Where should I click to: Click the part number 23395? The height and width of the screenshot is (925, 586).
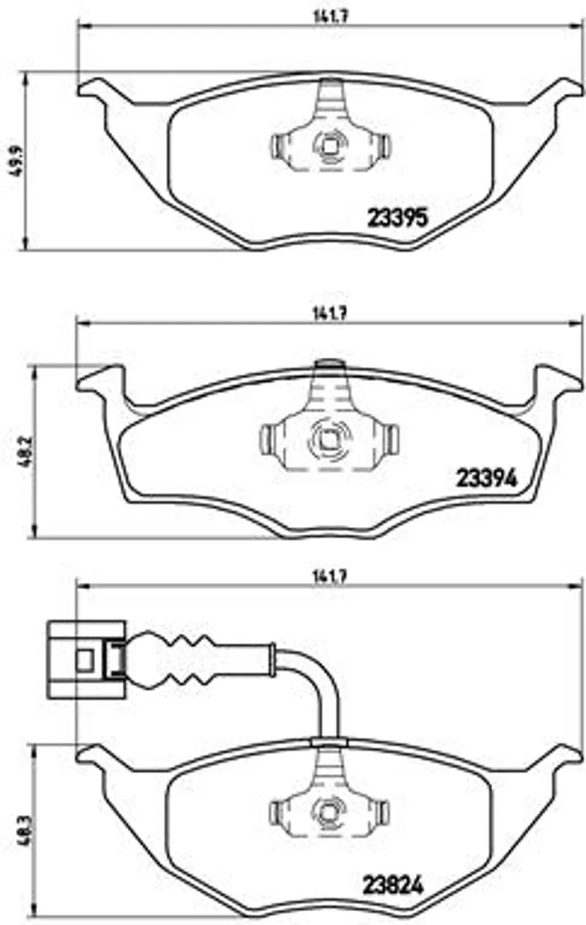[x=398, y=218]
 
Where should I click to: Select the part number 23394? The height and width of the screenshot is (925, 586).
[x=486, y=479]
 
